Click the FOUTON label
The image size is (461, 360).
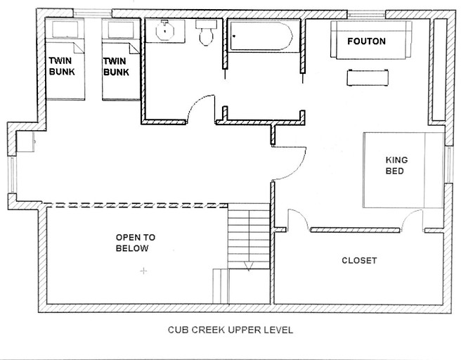click(366, 41)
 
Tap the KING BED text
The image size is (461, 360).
click(396, 165)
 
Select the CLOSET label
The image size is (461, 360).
click(359, 261)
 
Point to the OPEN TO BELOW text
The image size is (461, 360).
click(135, 243)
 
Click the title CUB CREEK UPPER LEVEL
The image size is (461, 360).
click(230, 330)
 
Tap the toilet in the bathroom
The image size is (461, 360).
click(207, 32)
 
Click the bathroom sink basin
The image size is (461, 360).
click(165, 30)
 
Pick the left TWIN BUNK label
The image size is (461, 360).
click(62, 66)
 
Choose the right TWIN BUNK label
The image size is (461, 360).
click(116, 67)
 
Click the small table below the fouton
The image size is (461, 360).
click(368, 77)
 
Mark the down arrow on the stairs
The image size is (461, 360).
click(249, 266)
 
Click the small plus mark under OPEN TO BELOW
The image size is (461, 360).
click(143, 271)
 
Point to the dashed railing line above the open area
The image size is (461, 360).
click(136, 205)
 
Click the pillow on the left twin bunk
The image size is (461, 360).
click(65, 30)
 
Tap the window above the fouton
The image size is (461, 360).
click(366, 14)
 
